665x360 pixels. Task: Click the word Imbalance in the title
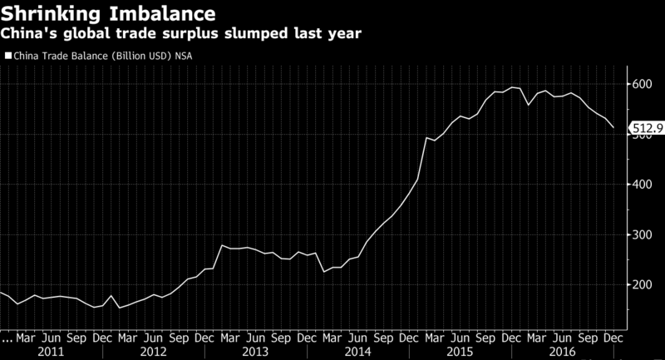[x=161, y=13]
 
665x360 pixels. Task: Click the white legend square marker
[x=9, y=56]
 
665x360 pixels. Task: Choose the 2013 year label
[x=256, y=352]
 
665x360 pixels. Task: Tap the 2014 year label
[x=358, y=352]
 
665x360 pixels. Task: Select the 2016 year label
[x=563, y=352]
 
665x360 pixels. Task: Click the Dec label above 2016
[x=613, y=338]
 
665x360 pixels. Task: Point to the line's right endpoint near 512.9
[x=613, y=128]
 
